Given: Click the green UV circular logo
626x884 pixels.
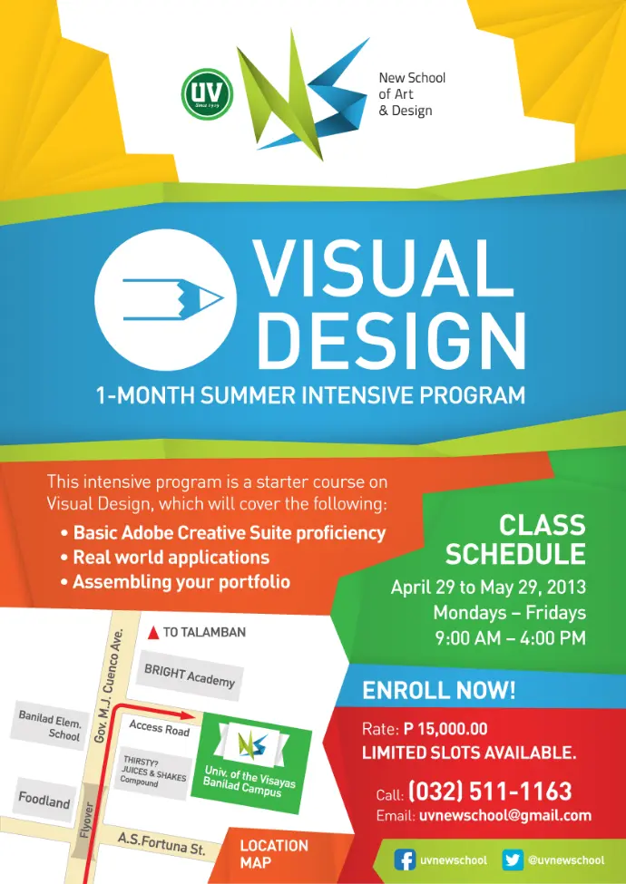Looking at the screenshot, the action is pos(207,93).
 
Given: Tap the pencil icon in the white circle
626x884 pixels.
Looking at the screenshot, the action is pos(173,299).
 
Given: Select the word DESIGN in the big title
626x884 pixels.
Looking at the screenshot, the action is pos(391,339).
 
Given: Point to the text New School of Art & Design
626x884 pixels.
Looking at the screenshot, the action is pos(412,93).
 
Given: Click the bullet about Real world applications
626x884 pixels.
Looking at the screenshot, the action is pos(165,558).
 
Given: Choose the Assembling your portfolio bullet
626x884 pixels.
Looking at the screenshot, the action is pos(175,582).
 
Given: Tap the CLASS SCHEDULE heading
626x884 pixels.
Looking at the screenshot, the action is pos(515,539).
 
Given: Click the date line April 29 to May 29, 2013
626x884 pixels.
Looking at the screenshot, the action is pos(488,588).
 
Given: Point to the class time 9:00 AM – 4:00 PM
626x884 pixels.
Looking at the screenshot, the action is pos(511,638).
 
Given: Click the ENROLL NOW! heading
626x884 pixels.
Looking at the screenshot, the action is pos(439,691).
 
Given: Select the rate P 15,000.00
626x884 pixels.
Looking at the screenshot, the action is pos(445,729).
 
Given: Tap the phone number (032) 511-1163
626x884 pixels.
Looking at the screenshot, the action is pos(490,791).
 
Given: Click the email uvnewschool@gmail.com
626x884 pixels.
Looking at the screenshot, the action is pos(505,815).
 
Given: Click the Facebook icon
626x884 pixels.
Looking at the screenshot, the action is pos(405,860).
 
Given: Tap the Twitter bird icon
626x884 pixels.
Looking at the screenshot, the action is pos(512,860).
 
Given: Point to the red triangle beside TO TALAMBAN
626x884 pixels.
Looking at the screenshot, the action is pos(152,633).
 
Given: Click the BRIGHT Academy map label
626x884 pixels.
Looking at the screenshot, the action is pos(190,675).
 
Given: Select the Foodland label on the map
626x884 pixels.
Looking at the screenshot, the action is pos(44,800).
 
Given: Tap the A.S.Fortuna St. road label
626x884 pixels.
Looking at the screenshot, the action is pos(161,844).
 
